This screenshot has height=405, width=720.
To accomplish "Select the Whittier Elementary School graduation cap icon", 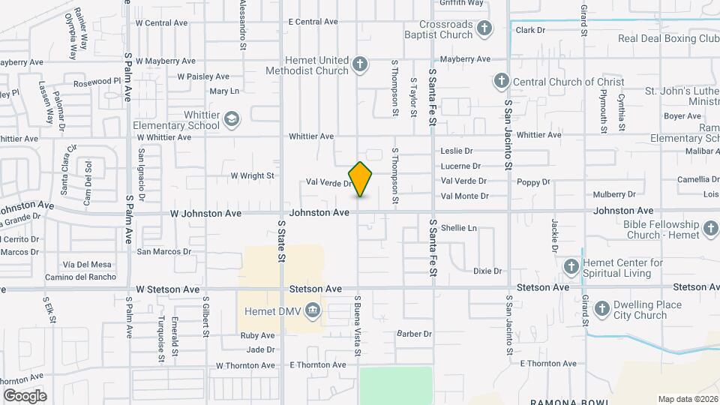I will tap(232, 119).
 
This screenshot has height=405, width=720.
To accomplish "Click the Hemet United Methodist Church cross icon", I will tap(360, 64).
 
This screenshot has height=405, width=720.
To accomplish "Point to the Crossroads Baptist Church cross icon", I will tap(484, 29).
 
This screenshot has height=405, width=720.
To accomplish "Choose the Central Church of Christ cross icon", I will tap(501, 81).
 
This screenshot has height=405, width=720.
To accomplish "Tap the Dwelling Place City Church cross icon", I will tap(601, 309).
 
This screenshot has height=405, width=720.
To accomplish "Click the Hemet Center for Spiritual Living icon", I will tap(571, 267).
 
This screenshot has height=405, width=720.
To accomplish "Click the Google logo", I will tap(25, 395).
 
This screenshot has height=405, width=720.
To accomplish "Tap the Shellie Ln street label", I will tap(458, 227).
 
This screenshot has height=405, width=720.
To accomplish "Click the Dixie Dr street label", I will tap(487, 271).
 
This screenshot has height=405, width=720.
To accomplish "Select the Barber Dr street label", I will tap(414, 334).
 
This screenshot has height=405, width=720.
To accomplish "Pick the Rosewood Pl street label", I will tap(92, 81).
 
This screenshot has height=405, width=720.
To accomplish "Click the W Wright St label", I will tap(252, 175).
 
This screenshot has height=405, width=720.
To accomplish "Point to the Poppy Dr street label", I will tap(533, 181).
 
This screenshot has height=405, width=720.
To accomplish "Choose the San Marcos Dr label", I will tap(159, 251).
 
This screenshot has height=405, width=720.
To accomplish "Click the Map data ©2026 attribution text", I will tap(687, 399).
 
